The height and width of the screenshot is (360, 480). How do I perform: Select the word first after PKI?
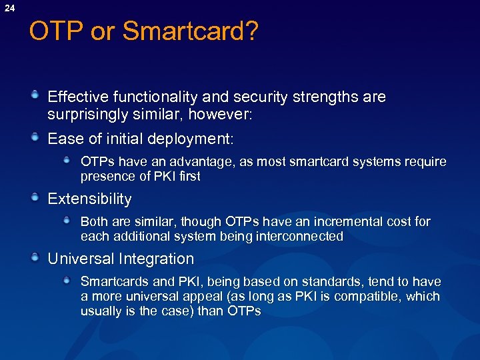click(186, 177)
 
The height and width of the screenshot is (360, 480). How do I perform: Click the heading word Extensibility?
click(89, 199)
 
